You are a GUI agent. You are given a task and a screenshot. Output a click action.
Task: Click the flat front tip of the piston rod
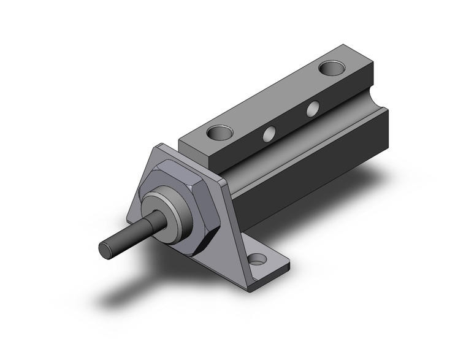point(105,249)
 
